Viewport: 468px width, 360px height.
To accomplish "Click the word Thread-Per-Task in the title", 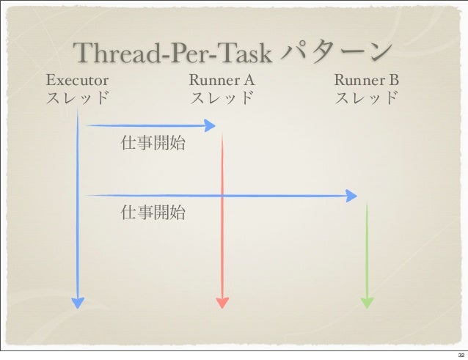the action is coord(174,54).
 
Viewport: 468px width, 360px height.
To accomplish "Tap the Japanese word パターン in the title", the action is coord(334,52).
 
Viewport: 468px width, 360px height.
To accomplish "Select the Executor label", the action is coord(77,79).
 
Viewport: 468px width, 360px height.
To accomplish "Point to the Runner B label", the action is coord(367,79).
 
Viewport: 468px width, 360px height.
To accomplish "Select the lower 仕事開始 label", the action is coord(153,213).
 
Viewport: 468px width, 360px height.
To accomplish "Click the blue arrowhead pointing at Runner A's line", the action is coord(210,126).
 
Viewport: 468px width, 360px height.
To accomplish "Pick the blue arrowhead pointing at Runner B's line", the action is coord(351,196).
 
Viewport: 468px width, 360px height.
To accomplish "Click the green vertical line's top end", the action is coord(367,205).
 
